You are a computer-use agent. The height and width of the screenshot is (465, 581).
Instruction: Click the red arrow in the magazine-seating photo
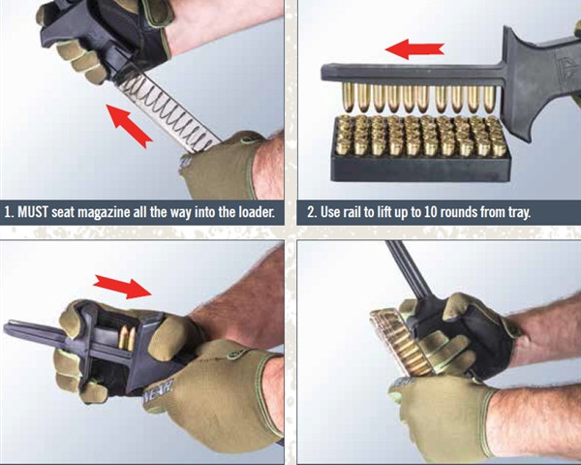pyautogui.click(x=128, y=124)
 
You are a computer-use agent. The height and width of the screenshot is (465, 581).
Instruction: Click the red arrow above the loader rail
pyautogui.click(x=413, y=48)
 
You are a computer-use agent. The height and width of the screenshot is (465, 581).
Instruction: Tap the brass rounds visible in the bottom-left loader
pyautogui.click(x=127, y=337)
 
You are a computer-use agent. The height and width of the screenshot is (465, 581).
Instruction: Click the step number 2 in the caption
pyautogui.click(x=311, y=211)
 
